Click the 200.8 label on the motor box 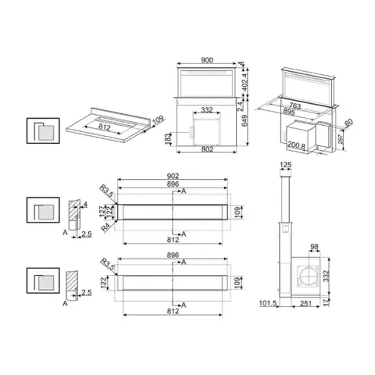tap(297, 146)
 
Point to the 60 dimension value tap(348, 123)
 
